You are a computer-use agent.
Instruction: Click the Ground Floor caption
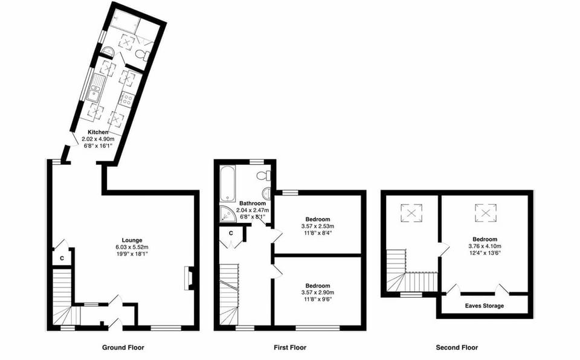point(123,347)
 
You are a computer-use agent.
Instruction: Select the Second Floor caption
point(457,347)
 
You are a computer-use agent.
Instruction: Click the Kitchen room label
point(97,132)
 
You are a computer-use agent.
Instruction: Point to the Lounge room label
point(132,240)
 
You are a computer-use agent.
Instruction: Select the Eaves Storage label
point(485,306)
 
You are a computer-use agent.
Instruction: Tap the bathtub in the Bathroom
point(228,182)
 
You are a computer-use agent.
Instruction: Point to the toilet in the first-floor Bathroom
point(263,176)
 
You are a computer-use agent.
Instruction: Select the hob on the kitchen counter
point(126,99)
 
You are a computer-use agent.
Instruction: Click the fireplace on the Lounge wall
point(189,278)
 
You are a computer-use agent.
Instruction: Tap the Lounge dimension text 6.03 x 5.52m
point(132,247)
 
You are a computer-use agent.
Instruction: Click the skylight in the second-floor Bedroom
point(485,212)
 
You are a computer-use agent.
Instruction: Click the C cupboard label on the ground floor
point(62,258)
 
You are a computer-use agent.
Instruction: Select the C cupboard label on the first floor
point(231,233)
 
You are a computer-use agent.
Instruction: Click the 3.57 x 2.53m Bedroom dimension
point(317,226)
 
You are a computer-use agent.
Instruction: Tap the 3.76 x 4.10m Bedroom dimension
point(485,246)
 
